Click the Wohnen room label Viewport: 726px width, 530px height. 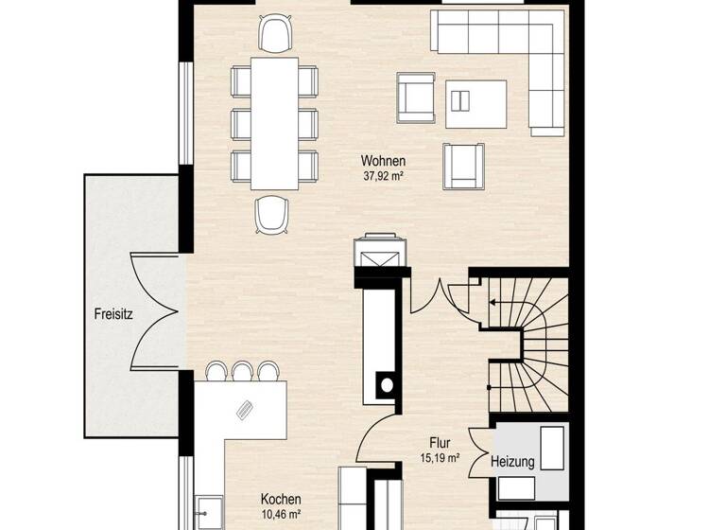(x=383, y=161)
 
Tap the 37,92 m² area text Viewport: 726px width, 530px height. (x=383, y=175)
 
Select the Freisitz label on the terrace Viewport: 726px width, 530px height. (x=112, y=313)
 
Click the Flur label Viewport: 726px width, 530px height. (x=440, y=442)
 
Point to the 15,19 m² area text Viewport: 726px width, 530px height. (x=440, y=458)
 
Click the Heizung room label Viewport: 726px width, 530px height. (x=512, y=463)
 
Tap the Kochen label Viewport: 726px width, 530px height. (x=281, y=499)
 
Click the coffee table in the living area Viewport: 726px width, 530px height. (x=475, y=103)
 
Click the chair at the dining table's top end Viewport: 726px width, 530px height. (x=275, y=34)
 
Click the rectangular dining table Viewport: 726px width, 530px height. (x=274, y=123)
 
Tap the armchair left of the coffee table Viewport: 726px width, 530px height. (x=416, y=97)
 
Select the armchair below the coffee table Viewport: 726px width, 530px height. (x=463, y=166)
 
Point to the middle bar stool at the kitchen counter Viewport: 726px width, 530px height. (x=243, y=371)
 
